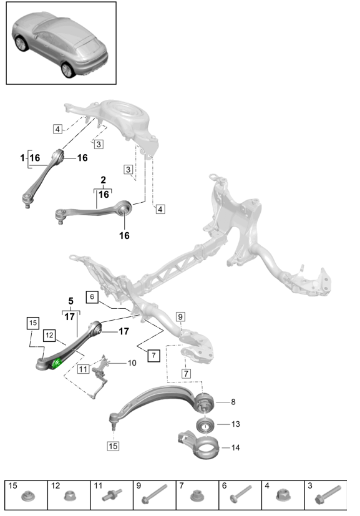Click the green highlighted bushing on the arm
point(57,363)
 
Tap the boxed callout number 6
point(92,297)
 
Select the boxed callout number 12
point(49,335)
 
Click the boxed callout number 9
point(180,316)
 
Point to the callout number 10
point(132,363)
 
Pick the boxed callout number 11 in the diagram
point(83,369)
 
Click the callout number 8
point(233,402)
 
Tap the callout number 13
point(236,424)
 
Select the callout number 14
point(236,447)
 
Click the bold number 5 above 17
point(71,301)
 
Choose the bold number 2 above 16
point(104,180)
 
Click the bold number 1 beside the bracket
point(22,158)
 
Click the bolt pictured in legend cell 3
point(328,494)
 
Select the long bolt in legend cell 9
point(154,494)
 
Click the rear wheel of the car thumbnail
point(69,70)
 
